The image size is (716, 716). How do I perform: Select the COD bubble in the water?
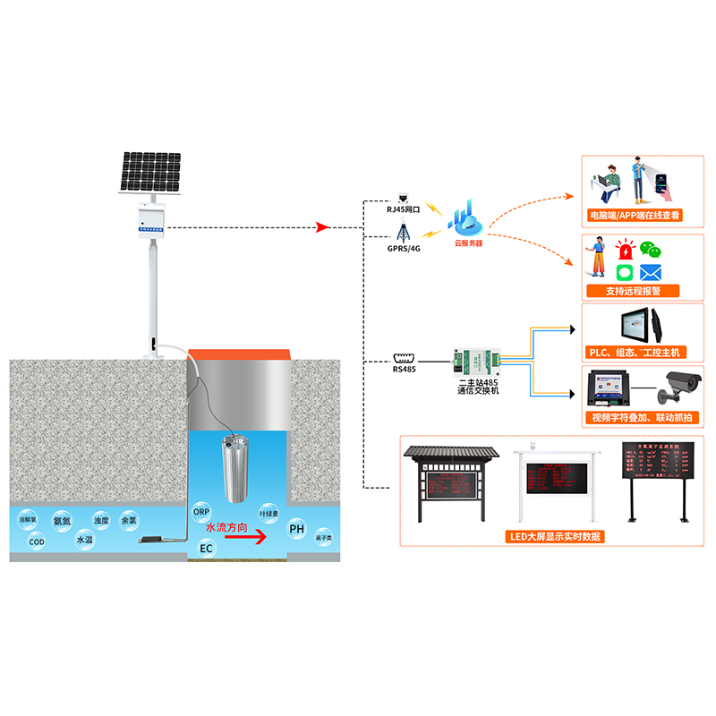[37, 541]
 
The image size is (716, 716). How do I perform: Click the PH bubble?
[297, 530]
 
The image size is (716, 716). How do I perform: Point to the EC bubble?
[207, 548]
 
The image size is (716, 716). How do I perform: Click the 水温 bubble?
[84, 540]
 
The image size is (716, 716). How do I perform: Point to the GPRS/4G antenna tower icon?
[403, 230]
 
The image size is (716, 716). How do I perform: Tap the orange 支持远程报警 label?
[630, 291]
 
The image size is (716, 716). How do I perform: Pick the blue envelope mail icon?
[651, 271]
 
